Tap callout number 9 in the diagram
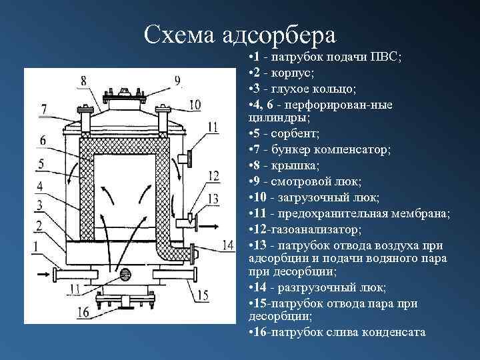click(x=177, y=81)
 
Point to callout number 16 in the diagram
click(x=84, y=312)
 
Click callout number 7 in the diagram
click(x=43, y=109)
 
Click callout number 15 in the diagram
click(x=203, y=295)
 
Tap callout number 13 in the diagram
click(x=213, y=198)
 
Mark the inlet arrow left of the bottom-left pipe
click(x=42, y=272)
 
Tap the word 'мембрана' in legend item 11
click(x=424, y=213)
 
